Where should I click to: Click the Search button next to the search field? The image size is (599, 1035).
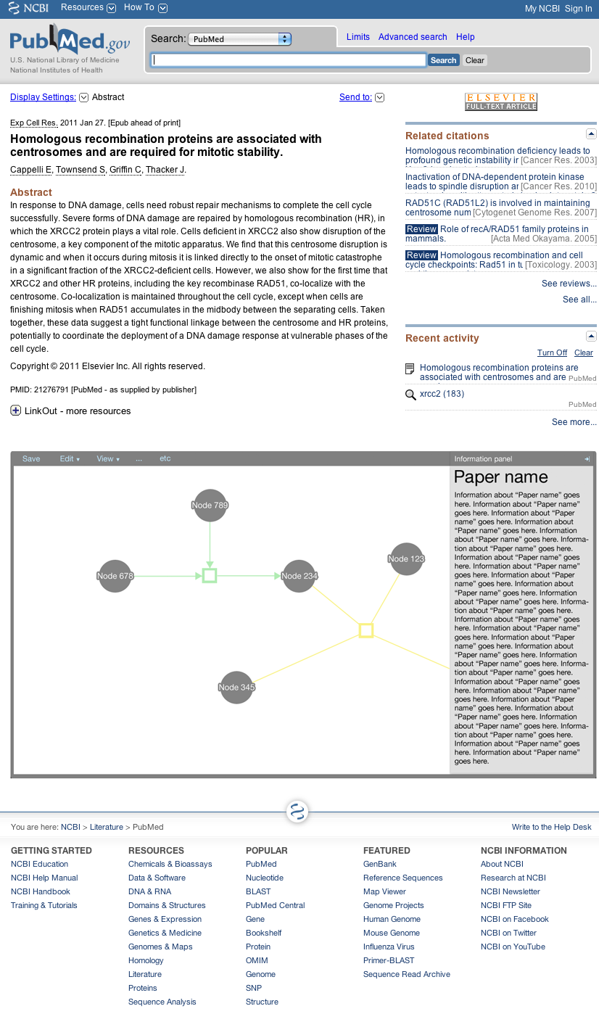coord(443,60)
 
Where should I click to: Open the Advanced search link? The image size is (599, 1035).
coord(413,37)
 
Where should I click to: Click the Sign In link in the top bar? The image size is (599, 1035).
coord(578,9)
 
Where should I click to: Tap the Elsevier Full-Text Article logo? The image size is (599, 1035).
coord(501,102)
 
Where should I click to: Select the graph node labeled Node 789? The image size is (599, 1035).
coord(210,505)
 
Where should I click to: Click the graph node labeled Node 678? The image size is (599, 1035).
coord(115,576)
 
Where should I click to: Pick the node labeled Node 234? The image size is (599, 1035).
coord(299,576)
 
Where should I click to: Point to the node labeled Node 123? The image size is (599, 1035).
coord(406,558)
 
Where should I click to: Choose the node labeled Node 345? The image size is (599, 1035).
coord(236,687)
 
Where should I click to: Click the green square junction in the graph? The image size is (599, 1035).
coord(210,576)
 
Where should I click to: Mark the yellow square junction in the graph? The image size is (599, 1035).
coord(366,630)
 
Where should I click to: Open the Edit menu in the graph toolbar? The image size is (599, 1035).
coord(69,458)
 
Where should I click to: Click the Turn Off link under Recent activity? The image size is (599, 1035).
coord(552,352)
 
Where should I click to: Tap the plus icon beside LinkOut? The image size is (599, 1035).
coord(16,411)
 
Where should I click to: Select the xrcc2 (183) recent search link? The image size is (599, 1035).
coord(442,394)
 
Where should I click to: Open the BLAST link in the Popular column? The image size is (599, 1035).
coord(258,891)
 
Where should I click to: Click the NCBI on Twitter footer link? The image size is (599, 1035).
coord(508,933)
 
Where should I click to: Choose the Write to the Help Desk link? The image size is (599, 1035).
coord(551,827)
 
